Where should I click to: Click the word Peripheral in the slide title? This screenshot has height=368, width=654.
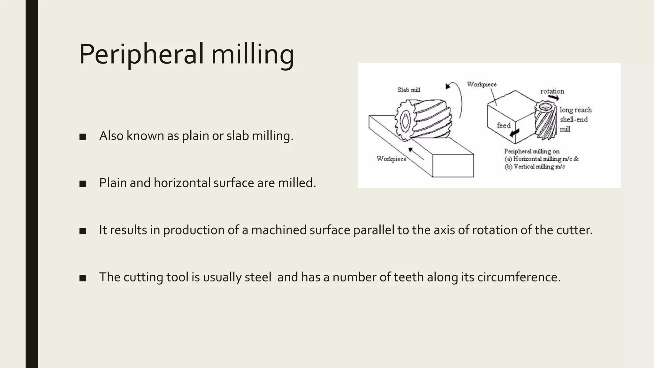(x=141, y=54)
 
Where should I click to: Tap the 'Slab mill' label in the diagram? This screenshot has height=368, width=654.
(x=408, y=90)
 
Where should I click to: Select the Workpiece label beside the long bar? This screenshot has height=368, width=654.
(x=391, y=159)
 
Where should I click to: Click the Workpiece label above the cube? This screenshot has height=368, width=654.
(x=482, y=84)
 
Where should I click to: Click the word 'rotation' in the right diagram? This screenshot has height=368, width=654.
(x=552, y=91)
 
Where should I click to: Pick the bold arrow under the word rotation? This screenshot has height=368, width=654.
(x=553, y=97)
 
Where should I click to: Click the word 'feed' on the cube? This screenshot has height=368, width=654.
(x=504, y=126)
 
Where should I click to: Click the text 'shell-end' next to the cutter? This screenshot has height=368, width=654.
(x=574, y=119)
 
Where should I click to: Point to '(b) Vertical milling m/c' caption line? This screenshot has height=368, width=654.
(x=535, y=166)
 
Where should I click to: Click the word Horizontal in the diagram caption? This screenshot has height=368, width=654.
(x=528, y=159)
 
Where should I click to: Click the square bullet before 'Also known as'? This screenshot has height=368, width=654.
(x=83, y=137)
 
